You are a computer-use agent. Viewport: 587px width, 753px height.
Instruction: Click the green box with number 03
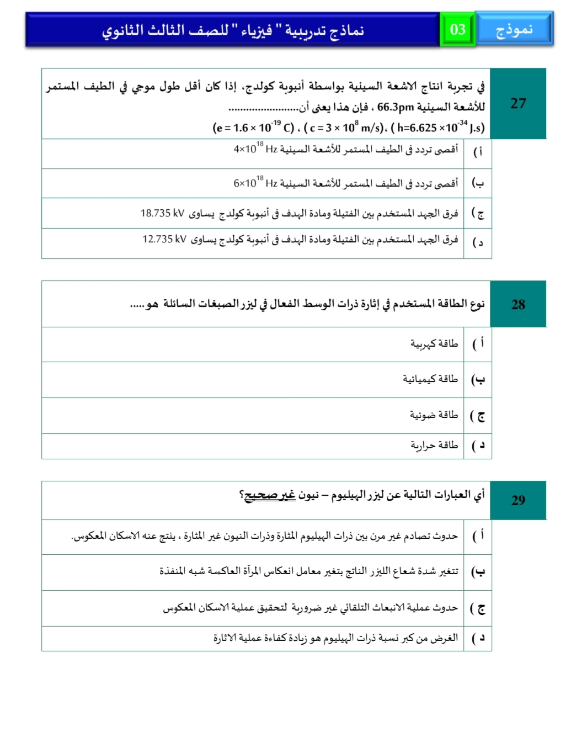click(458, 30)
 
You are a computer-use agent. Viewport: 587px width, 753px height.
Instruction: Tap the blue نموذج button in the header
click(514, 29)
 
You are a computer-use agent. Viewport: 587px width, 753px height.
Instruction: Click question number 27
click(518, 103)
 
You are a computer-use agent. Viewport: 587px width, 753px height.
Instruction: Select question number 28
click(518, 304)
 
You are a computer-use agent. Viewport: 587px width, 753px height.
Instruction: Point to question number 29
click(518, 500)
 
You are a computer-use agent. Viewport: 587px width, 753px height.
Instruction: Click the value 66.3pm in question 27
click(396, 107)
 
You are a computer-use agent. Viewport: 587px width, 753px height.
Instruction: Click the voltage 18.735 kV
click(162, 213)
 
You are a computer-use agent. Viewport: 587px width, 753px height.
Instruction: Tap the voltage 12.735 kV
click(164, 239)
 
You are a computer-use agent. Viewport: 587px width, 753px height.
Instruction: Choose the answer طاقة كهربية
click(434, 344)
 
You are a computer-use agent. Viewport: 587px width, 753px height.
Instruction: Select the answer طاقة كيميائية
click(430, 379)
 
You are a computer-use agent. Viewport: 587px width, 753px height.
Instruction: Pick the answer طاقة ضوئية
click(434, 415)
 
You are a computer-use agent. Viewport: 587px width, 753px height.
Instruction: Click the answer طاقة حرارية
click(434, 445)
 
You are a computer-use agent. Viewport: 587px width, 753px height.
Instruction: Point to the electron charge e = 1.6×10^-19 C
click(253, 128)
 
